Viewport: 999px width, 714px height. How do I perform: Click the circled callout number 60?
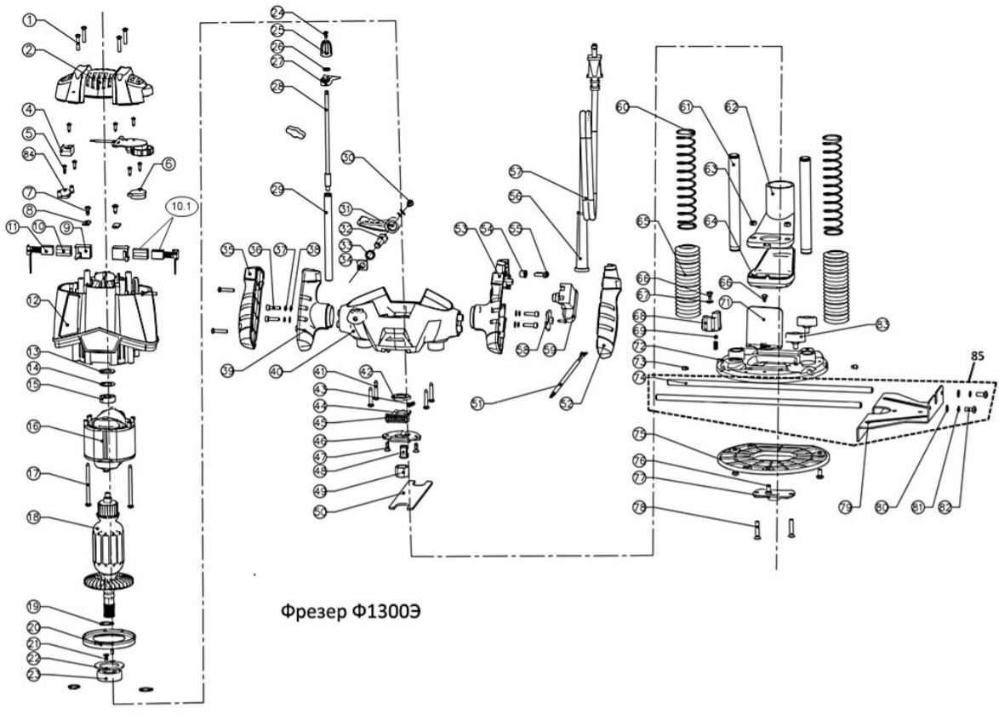[x=623, y=107]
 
